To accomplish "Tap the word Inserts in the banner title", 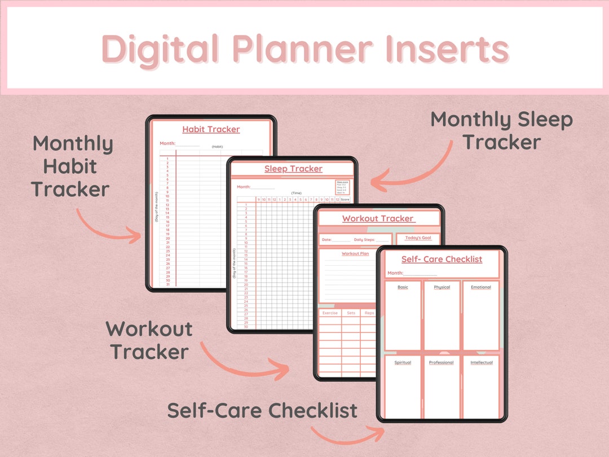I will [445, 49].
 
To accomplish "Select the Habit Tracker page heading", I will [211, 130].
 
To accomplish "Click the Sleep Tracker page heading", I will [293, 169].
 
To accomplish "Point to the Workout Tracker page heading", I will [378, 219].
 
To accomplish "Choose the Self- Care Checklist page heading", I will [442, 260].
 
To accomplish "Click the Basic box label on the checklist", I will [403, 287].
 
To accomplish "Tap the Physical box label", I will [442, 287].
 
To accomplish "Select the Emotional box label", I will [481, 287].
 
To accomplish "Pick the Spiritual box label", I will [403, 363].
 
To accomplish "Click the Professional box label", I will [441, 363].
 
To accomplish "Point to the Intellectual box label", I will [482, 363].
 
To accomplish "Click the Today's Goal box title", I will [418, 238].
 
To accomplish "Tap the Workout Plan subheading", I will [355, 254].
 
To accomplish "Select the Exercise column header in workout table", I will [330, 313].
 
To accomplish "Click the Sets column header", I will [351, 313].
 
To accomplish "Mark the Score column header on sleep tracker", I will [345, 199].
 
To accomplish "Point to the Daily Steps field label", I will [366, 240].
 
